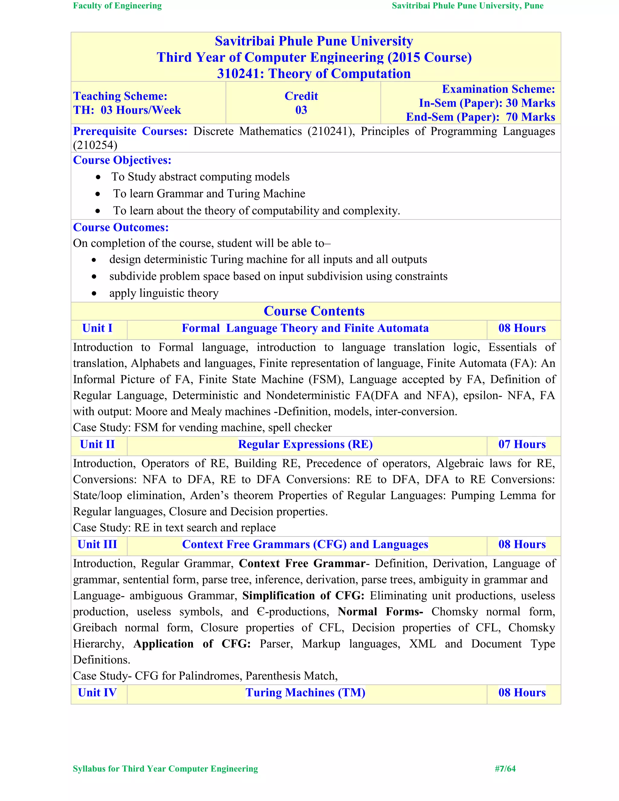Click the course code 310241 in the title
point(240,74)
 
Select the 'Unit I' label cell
point(97,328)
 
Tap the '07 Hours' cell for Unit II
point(522,445)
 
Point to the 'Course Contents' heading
point(314,311)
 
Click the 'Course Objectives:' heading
point(122,160)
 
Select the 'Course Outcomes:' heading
point(121,227)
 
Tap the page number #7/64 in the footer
point(505,769)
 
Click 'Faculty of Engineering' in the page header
point(117,6)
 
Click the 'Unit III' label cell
point(97,545)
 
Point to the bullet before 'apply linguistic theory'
point(94,294)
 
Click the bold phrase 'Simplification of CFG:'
point(303,596)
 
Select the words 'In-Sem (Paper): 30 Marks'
point(487,103)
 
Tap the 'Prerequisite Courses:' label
point(130,131)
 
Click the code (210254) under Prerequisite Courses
point(95,145)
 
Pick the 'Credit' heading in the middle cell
point(301,96)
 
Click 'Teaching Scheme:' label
point(120,96)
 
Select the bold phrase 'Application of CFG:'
point(192,644)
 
